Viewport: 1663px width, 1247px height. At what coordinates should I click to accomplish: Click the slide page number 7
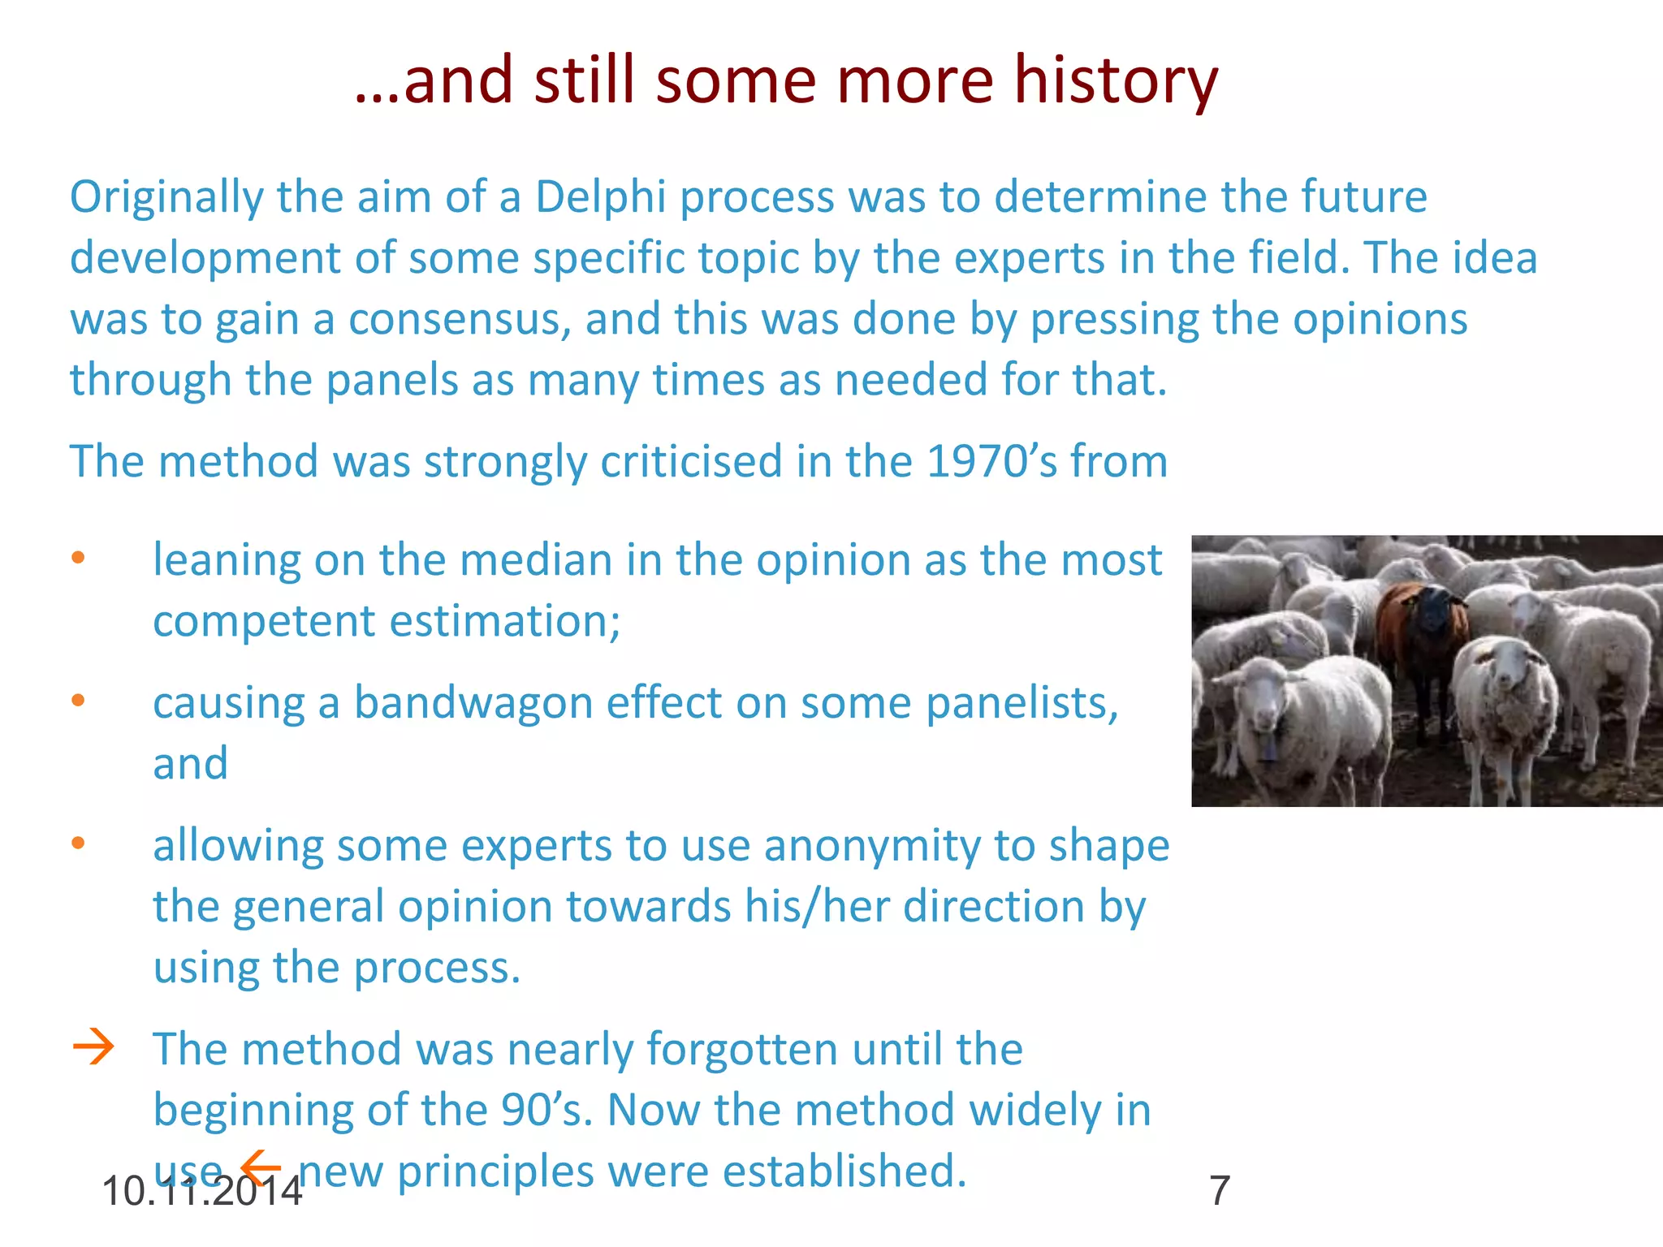tap(1220, 1191)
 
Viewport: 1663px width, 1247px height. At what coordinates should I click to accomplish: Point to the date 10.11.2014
tap(202, 1192)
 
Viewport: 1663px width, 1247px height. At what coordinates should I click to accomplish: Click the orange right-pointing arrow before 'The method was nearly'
tap(93, 1047)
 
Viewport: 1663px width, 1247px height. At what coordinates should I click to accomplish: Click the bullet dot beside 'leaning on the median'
tap(78, 558)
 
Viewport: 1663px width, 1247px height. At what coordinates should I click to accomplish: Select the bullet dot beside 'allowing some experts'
tap(78, 844)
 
